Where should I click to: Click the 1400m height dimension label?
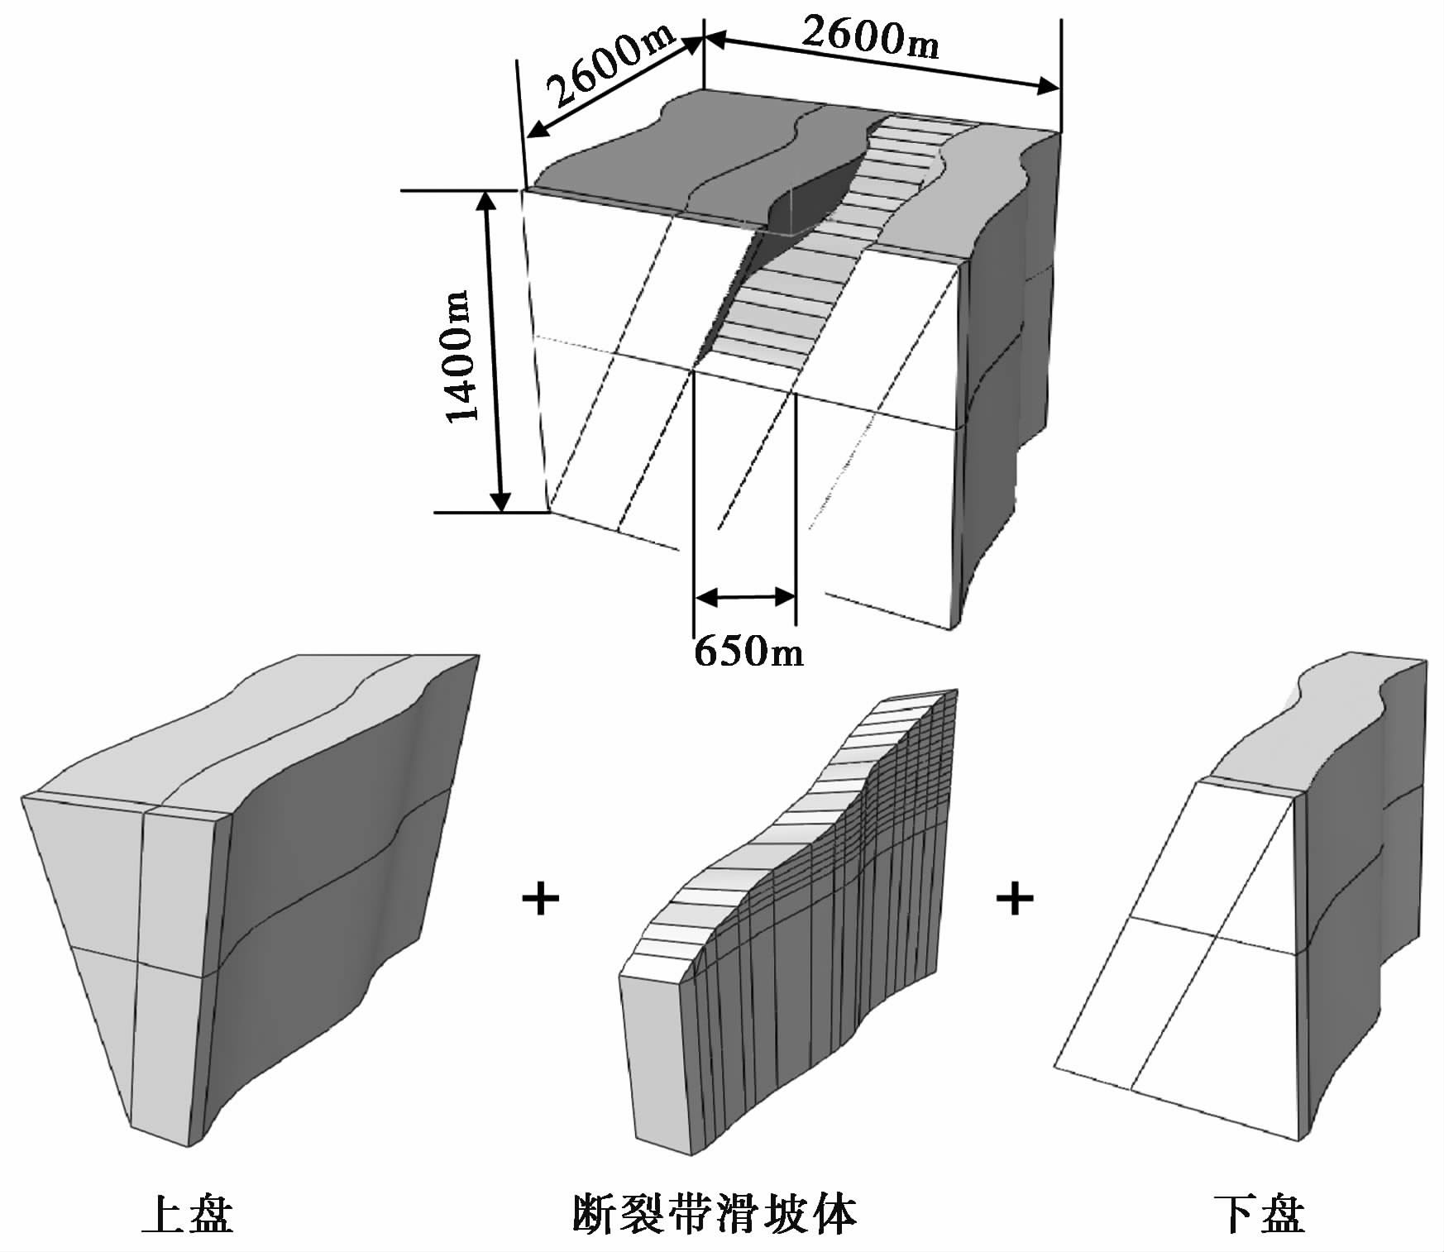(x=461, y=356)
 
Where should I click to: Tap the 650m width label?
(x=748, y=652)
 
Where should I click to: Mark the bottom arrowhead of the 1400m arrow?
(x=500, y=500)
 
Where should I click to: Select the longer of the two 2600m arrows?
(x=882, y=60)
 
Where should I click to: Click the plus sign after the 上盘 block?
(x=542, y=899)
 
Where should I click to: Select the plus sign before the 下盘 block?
(x=1015, y=899)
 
